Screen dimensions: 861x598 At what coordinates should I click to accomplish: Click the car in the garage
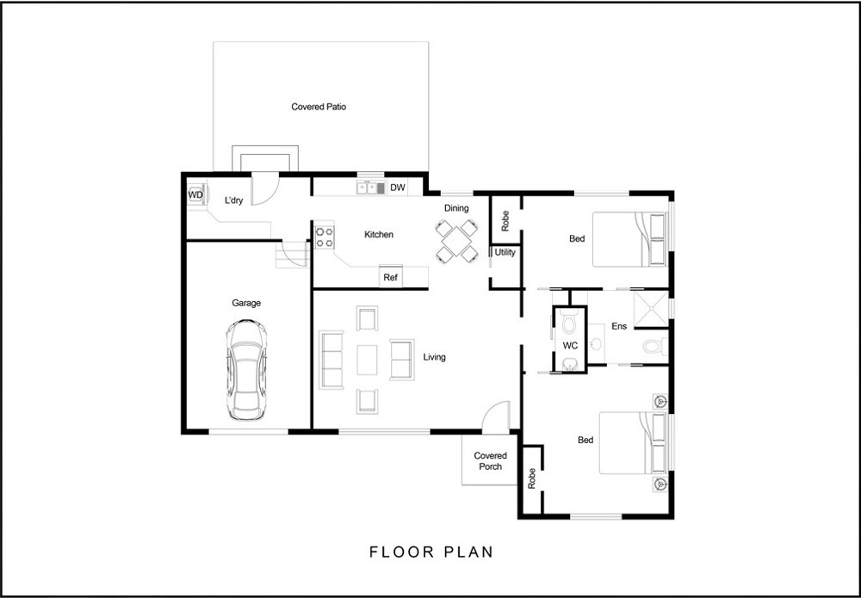(x=246, y=370)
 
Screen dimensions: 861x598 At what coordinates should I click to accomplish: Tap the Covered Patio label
(x=319, y=107)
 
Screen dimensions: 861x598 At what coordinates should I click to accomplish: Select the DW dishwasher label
(x=398, y=188)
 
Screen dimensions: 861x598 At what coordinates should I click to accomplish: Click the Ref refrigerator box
(x=390, y=277)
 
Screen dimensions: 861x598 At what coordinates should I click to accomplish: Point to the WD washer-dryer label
(x=196, y=194)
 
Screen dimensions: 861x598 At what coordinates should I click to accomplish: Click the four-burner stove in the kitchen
(x=325, y=236)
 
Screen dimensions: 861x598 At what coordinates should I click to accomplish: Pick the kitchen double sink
(x=371, y=188)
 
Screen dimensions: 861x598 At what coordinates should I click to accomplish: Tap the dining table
(x=456, y=240)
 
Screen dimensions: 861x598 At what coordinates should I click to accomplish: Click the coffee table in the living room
(x=368, y=360)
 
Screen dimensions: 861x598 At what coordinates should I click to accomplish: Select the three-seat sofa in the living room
(x=331, y=360)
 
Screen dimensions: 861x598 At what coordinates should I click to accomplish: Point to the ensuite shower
(x=651, y=309)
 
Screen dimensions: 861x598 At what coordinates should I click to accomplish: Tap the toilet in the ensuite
(x=655, y=346)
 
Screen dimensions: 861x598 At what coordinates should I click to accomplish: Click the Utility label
(x=505, y=252)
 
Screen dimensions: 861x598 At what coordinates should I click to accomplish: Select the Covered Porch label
(x=491, y=461)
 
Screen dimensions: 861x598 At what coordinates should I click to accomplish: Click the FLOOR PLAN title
(x=431, y=552)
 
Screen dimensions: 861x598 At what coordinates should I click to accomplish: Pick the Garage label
(x=246, y=303)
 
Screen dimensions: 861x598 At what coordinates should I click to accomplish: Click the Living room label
(x=434, y=357)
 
